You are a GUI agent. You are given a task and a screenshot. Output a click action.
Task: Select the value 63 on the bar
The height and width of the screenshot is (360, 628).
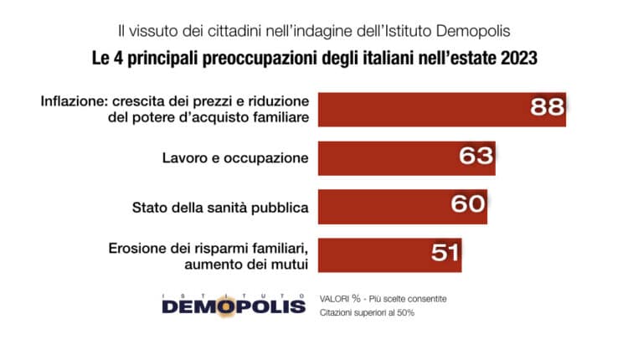point(476,157)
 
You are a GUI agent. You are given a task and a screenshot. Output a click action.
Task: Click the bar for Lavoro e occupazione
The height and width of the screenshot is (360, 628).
point(385,157)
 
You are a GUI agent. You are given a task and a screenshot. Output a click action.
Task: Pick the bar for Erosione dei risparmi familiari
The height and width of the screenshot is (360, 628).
point(368,254)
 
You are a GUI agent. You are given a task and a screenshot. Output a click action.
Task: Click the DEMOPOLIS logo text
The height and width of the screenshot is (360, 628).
point(234,306)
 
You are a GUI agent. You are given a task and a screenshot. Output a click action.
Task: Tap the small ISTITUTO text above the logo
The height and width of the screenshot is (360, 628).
point(234,294)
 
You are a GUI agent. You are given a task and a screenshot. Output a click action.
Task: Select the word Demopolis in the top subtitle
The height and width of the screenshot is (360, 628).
point(474,31)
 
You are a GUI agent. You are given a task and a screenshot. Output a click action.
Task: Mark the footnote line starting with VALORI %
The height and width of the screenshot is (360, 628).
point(383,298)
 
